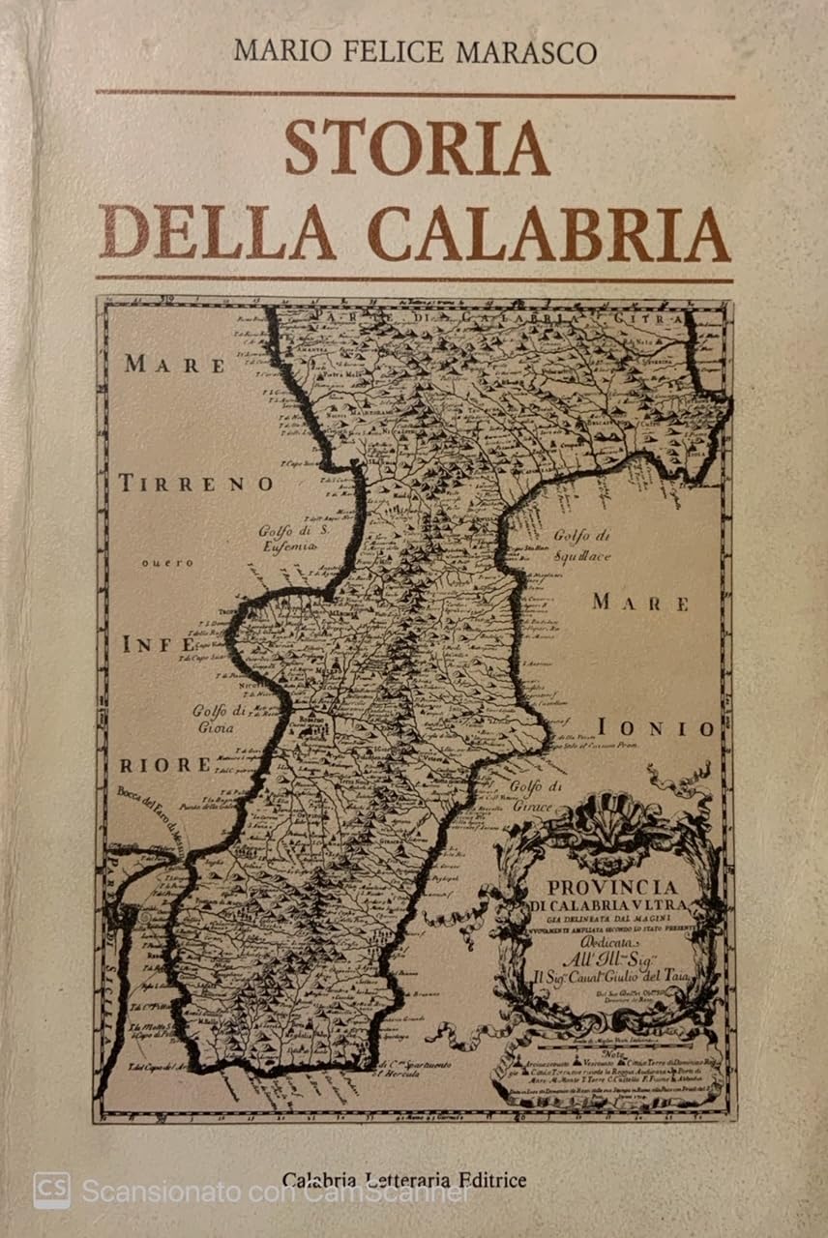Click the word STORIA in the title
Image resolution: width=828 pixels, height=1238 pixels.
click(417, 148)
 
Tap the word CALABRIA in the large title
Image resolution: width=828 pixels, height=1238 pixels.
click(548, 234)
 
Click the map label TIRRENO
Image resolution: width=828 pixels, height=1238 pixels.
click(196, 485)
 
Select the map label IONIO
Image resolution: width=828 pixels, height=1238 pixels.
click(656, 729)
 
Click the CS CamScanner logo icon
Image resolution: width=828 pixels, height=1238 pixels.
click(51, 1191)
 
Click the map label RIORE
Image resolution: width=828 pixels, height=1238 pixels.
click(164, 765)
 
